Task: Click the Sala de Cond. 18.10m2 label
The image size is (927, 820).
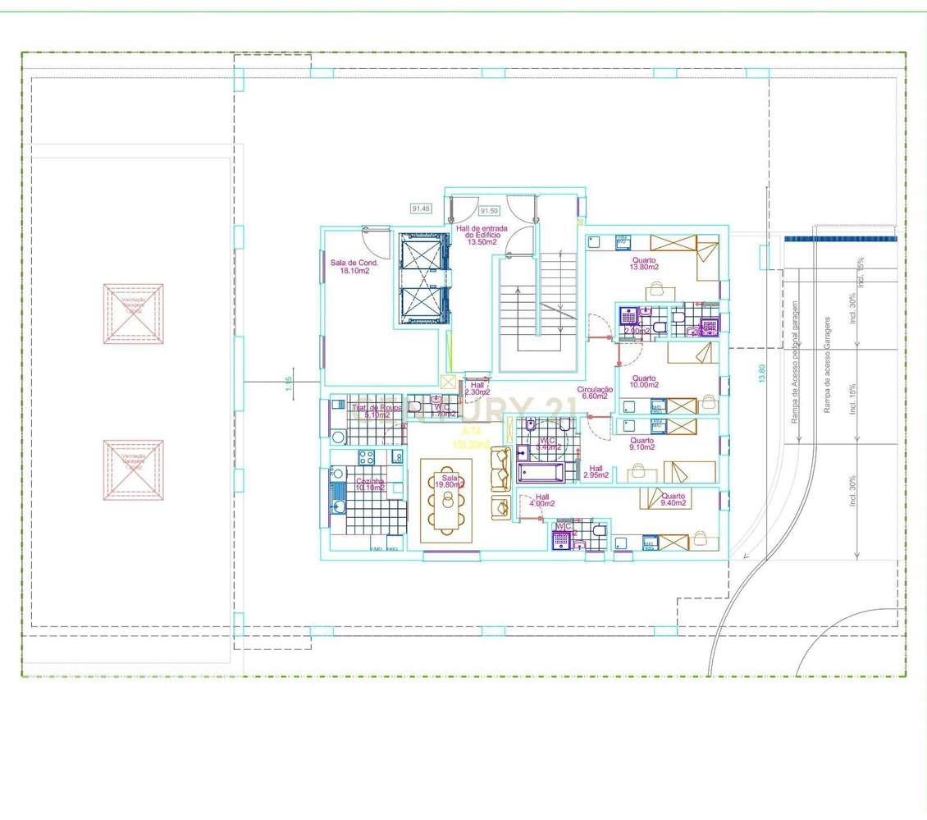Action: pyautogui.click(x=354, y=266)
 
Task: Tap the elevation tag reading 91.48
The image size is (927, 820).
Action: pyautogui.click(x=421, y=208)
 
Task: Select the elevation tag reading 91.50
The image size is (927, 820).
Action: pyautogui.click(x=490, y=210)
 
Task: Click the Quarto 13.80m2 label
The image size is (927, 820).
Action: pyautogui.click(x=645, y=263)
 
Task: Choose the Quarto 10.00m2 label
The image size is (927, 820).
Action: pyautogui.click(x=644, y=382)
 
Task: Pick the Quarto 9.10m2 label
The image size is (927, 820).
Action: pyautogui.click(x=642, y=445)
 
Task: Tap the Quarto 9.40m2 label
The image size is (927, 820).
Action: pyautogui.click(x=674, y=501)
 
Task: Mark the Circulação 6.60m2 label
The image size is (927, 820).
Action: pyautogui.click(x=595, y=392)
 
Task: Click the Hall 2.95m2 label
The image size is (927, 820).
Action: pyautogui.click(x=596, y=472)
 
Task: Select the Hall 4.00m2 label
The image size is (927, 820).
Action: pyautogui.click(x=542, y=501)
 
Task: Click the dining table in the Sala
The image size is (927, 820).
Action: pyautogui.click(x=446, y=500)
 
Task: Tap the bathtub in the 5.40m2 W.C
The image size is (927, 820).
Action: pyautogui.click(x=541, y=474)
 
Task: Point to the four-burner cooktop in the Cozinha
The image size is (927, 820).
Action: pyautogui.click(x=366, y=456)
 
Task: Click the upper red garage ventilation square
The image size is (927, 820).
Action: pyautogui.click(x=133, y=314)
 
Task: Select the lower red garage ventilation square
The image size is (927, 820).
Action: pyautogui.click(x=133, y=470)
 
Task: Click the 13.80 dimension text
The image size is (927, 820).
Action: pyautogui.click(x=762, y=374)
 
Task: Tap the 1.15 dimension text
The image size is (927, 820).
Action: pyautogui.click(x=289, y=383)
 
